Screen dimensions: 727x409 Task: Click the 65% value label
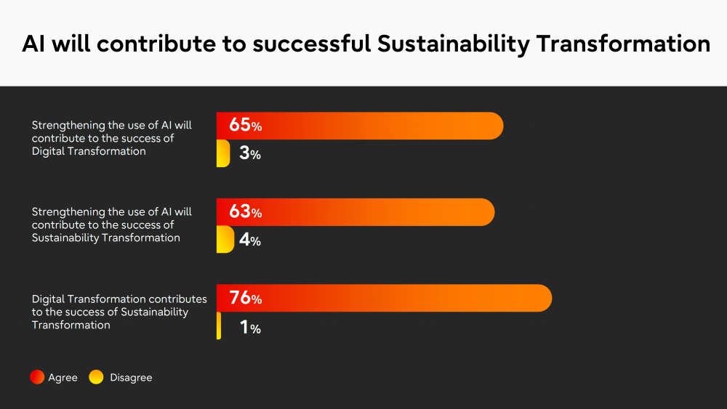tap(245, 125)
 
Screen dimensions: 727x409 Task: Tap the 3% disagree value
tap(250, 153)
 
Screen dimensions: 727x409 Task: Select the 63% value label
tap(245, 211)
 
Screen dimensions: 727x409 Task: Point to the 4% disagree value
tap(250, 240)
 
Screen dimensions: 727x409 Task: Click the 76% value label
tap(245, 297)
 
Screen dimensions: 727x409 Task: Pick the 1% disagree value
tap(250, 327)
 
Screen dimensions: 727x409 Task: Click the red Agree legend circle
tap(37, 377)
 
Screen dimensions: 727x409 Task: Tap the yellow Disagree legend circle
tap(96, 377)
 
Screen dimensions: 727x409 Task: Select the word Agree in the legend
tap(63, 378)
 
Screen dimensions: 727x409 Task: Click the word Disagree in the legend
tap(131, 378)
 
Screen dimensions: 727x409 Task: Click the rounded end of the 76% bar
tap(545, 298)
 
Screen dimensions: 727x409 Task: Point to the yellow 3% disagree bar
tap(223, 153)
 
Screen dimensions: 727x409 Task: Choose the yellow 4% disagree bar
tap(225, 240)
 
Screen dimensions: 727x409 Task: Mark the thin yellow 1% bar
tap(218, 325)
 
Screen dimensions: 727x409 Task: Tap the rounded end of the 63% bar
tap(487, 212)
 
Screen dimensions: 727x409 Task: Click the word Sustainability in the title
tap(453, 44)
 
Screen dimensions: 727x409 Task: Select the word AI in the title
tap(33, 44)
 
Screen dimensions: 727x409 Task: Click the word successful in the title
tap(312, 44)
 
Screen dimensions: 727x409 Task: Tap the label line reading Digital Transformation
tap(89, 151)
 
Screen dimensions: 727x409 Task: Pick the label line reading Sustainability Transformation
tap(105, 238)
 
